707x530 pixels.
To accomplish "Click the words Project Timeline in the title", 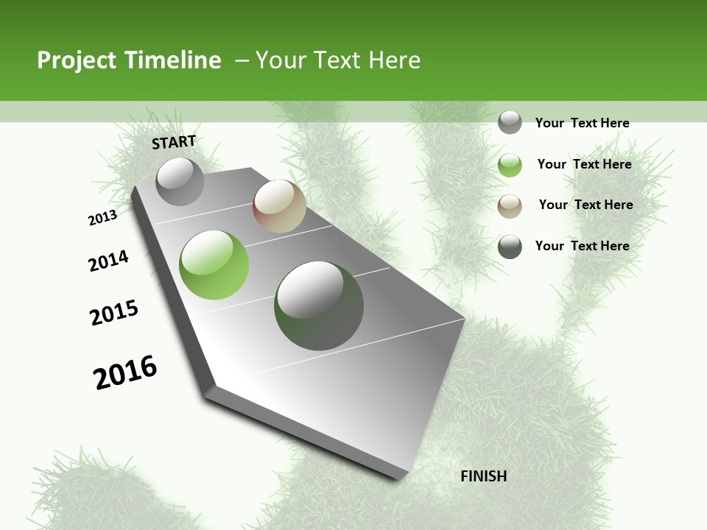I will point(129,60).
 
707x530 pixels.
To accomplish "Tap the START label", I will point(174,142).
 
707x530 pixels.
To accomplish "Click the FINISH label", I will point(483,476).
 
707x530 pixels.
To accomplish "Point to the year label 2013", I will point(102,218).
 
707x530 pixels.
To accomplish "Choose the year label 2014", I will point(108,261).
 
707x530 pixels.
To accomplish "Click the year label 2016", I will point(125,372).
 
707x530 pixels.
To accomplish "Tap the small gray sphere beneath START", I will point(180,181).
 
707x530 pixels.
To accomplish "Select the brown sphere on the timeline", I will point(279,206).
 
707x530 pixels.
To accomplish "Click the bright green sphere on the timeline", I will point(214,265).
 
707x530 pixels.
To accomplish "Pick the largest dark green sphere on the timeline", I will point(319,305).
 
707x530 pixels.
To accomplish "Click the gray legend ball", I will point(510,123).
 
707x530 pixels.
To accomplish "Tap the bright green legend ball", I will point(510,165).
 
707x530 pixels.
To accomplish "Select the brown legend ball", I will point(510,206).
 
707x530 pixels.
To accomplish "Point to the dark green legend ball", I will point(510,247).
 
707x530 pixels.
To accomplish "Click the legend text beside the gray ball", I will point(582,123).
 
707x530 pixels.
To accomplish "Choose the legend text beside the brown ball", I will point(585,205).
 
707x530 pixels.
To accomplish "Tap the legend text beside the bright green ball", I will point(584,164).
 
